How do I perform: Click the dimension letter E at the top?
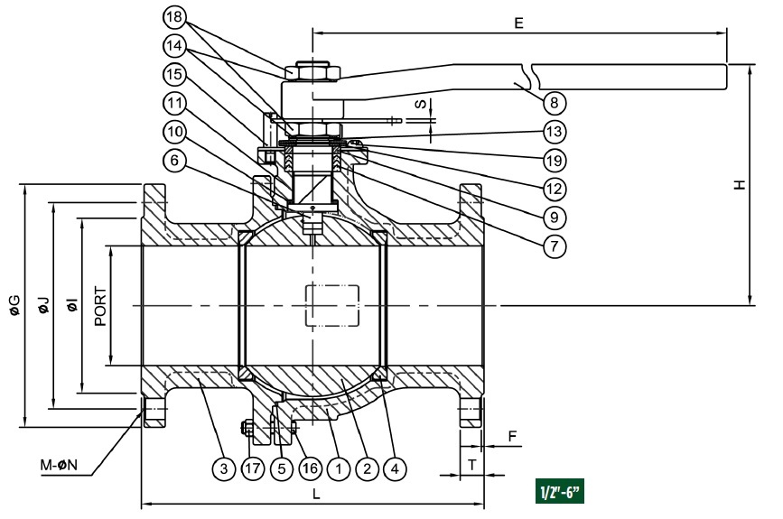pos(518,23)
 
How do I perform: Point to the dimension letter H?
pos(740,185)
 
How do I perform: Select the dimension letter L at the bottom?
pos(315,495)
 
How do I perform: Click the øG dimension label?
pos(14,305)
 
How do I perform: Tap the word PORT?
pos(99,306)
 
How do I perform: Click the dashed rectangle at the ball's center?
pos(333,306)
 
